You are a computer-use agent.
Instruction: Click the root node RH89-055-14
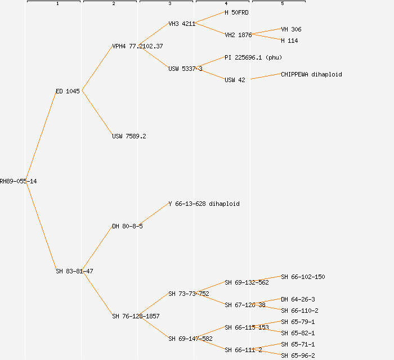18,181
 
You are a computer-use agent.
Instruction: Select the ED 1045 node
68,91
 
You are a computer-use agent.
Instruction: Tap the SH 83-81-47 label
74,271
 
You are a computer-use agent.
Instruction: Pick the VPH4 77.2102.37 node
137,46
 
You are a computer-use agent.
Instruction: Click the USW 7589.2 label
129,136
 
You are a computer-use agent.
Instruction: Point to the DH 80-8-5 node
127,226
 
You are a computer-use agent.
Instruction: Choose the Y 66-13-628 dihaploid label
204,204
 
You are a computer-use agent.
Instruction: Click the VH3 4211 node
182,24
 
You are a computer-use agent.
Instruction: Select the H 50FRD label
236,12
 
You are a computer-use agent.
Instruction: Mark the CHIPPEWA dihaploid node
311,74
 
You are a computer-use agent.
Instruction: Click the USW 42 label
235,80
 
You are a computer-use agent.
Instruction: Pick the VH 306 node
291,29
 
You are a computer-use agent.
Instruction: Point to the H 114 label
289,40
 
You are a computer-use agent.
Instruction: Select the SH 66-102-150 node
303,277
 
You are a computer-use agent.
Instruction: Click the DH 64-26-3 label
298,299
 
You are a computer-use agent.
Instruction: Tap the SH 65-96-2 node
298,355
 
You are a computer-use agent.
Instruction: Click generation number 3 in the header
169,4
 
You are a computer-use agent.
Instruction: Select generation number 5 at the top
282,4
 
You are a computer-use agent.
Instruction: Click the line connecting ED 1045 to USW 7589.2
97,113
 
